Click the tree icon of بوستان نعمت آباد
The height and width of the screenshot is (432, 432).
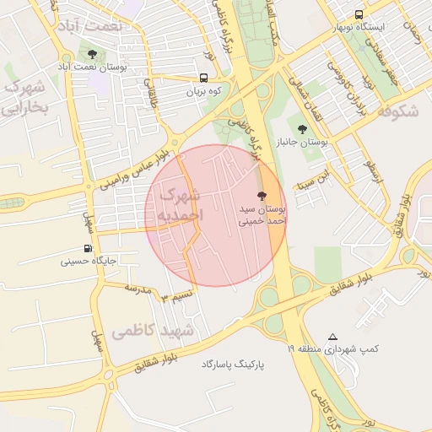pos(92,56)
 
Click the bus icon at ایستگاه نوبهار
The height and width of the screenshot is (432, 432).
pos(359,15)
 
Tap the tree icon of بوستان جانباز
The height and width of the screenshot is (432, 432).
pos(303,129)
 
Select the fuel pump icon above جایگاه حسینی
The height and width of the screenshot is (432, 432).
pos(89,249)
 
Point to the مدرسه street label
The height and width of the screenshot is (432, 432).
pos(138,289)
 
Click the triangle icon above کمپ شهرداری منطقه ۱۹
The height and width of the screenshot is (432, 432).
pos(333,336)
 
